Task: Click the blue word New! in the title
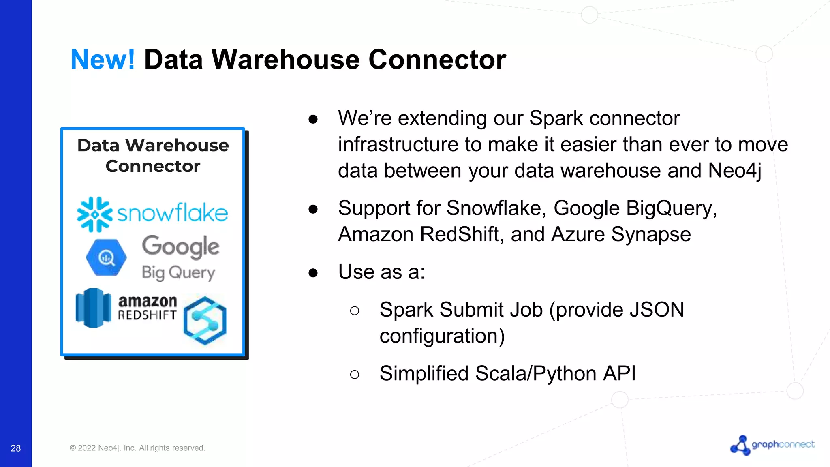(103, 60)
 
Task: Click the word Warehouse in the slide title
(285, 60)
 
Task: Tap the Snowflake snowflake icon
(94, 214)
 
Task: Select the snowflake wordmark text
(173, 213)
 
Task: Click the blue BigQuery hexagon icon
(106, 257)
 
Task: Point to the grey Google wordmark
(181, 246)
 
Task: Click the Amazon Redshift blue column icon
(93, 308)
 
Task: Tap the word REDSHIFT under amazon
(147, 315)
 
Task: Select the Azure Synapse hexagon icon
(205, 320)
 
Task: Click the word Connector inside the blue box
(153, 166)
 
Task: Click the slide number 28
(15, 448)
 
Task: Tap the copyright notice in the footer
(137, 448)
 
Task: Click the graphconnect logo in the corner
(772, 445)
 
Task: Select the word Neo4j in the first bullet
(734, 170)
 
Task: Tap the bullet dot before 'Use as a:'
(313, 273)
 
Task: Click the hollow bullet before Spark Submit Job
(354, 311)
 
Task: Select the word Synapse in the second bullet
(651, 234)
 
